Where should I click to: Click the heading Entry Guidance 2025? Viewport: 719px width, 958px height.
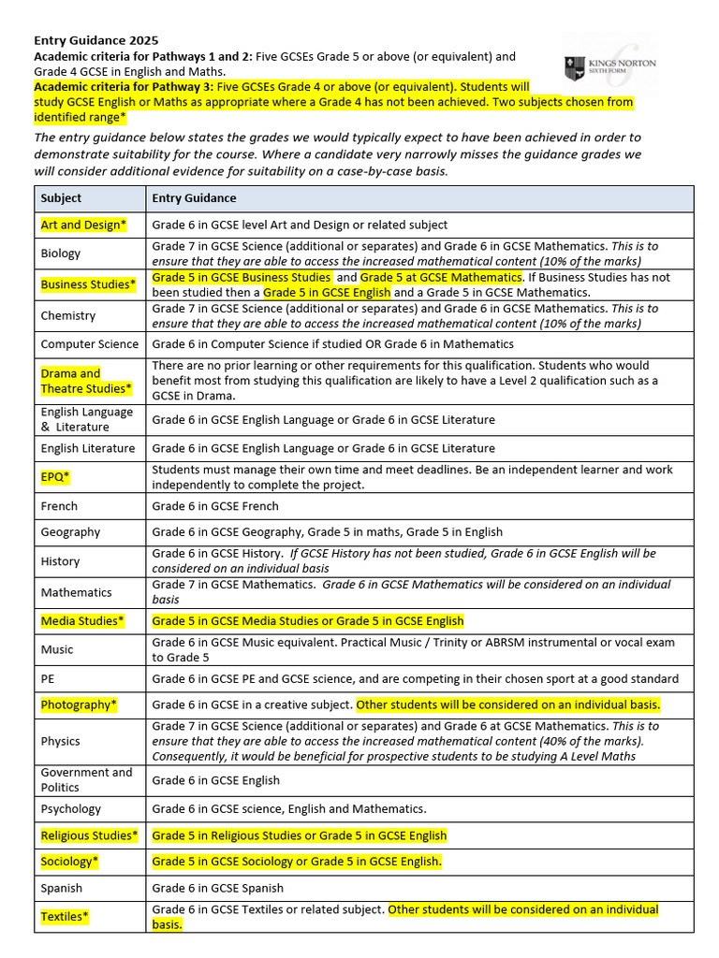tap(96, 40)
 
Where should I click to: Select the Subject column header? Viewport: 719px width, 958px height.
tap(61, 198)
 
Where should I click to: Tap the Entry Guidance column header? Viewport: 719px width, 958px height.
tap(194, 198)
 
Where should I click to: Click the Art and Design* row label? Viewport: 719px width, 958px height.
tap(83, 225)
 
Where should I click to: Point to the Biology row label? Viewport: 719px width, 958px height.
tap(61, 254)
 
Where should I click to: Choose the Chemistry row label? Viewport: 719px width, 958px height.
tap(68, 316)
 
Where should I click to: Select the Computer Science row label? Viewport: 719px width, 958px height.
tap(90, 344)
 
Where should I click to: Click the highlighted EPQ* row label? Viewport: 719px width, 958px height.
tap(55, 477)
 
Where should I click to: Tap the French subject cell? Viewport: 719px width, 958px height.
tap(59, 506)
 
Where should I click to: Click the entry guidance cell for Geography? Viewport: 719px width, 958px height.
tap(327, 532)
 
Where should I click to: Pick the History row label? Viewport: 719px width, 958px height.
tap(60, 561)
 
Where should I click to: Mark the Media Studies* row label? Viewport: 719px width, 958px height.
tap(82, 621)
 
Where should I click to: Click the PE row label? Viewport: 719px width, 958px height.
tap(49, 679)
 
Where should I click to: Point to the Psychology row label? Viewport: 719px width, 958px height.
tap(71, 809)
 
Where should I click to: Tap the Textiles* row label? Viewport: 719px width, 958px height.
tap(65, 917)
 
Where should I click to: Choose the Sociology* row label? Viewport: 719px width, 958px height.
tap(70, 862)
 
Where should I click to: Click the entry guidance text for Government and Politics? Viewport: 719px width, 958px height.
tap(215, 780)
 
